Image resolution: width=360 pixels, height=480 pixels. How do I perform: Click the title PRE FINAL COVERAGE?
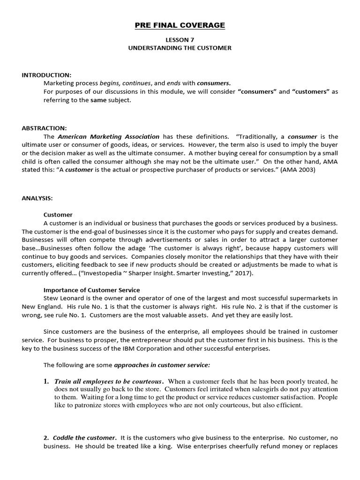click(180, 25)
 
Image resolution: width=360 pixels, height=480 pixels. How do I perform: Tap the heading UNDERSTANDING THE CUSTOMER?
click(180, 48)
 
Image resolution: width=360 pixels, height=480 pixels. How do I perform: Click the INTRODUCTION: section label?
click(46, 75)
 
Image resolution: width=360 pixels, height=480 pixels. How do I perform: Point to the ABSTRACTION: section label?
click(44, 128)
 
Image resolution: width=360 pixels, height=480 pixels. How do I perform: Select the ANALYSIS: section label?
click(37, 198)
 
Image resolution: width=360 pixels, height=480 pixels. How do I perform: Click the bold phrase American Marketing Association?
click(108, 136)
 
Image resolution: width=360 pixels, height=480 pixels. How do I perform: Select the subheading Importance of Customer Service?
click(91, 290)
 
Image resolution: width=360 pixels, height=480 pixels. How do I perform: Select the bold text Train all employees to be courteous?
click(108, 381)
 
